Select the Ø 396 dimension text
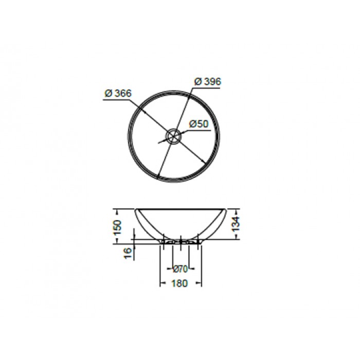click(208, 82)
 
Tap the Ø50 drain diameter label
click(198, 124)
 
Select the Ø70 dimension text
click(180, 268)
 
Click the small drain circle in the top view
click(173, 136)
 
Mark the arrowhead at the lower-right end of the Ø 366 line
click(206, 164)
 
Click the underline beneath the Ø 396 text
click(208, 88)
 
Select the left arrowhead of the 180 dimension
click(163, 283)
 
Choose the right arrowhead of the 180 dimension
click(200, 283)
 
